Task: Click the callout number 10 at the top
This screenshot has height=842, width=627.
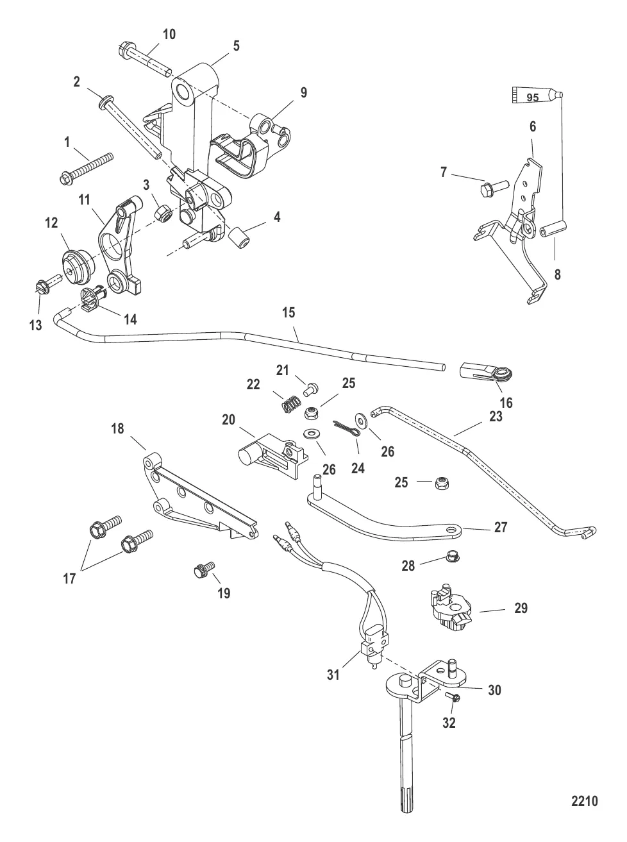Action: (x=169, y=34)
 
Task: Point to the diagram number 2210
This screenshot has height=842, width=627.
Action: (x=584, y=801)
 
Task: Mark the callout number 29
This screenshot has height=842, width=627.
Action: (x=521, y=607)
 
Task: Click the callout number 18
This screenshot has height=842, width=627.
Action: (x=117, y=428)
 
